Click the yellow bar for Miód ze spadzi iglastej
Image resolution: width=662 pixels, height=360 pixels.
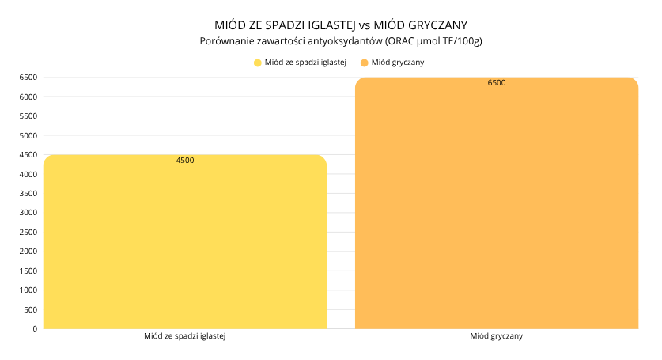(185, 245)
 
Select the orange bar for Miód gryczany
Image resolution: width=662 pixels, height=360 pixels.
(497, 206)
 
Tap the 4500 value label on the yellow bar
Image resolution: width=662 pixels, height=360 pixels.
(185, 161)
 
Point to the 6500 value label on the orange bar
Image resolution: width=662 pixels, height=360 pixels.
(497, 83)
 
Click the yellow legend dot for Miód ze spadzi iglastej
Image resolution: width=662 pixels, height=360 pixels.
(258, 62)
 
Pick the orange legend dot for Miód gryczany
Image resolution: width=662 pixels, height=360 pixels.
(364, 62)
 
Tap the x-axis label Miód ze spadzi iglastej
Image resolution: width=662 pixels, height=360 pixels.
(185, 336)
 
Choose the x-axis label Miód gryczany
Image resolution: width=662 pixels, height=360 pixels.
(497, 336)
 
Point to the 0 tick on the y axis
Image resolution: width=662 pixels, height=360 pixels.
(35, 328)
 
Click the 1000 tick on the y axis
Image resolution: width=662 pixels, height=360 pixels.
(28, 290)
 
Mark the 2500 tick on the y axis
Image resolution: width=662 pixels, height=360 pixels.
(28, 232)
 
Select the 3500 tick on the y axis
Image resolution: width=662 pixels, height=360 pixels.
(28, 193)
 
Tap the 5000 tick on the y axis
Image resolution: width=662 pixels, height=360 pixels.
(28, 135)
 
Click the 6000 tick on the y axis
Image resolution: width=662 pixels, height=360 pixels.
(28, 97)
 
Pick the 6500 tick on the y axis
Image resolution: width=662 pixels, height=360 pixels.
(28, 78)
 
